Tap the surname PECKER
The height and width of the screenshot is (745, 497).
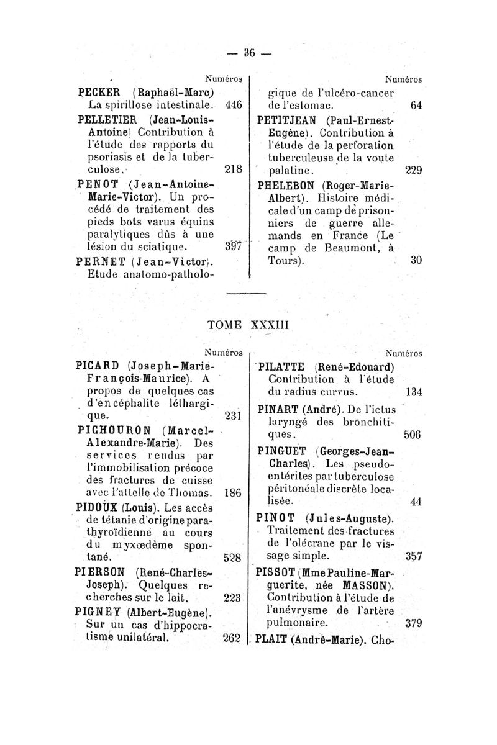99,90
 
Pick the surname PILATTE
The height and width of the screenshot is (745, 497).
286,365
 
